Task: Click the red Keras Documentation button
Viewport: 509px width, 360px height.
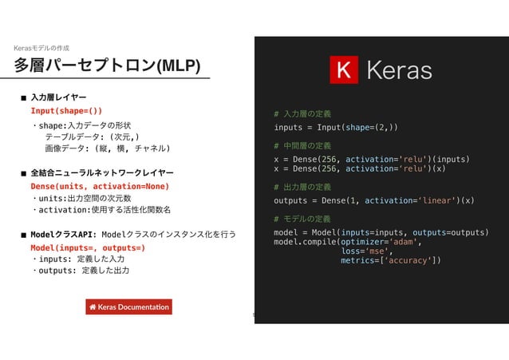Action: click(x=128, y=307)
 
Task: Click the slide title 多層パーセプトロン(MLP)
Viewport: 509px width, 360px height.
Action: click(x=107, y=65)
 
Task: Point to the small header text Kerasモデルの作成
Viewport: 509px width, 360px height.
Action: click(x=41, y=48)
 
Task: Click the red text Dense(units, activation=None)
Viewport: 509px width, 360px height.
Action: click(x=99, y=186)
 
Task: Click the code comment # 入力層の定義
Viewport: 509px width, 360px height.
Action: click(x=302, y=114)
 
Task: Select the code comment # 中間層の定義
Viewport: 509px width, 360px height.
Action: click(x=302, y=146)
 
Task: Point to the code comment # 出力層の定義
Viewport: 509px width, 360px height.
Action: click(x=302, y=187)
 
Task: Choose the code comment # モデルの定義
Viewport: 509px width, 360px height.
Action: click(x=302, y=219)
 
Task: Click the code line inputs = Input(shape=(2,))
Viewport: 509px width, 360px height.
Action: click(x=336, y=128)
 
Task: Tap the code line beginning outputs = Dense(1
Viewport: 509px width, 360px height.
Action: click(x=374, y=200)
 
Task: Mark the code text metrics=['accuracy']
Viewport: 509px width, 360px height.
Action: click(x=390, y=260)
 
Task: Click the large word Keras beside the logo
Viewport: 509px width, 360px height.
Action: click(x=398, y=71)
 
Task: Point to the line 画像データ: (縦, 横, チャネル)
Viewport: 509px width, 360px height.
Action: click(x=107, y=148)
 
